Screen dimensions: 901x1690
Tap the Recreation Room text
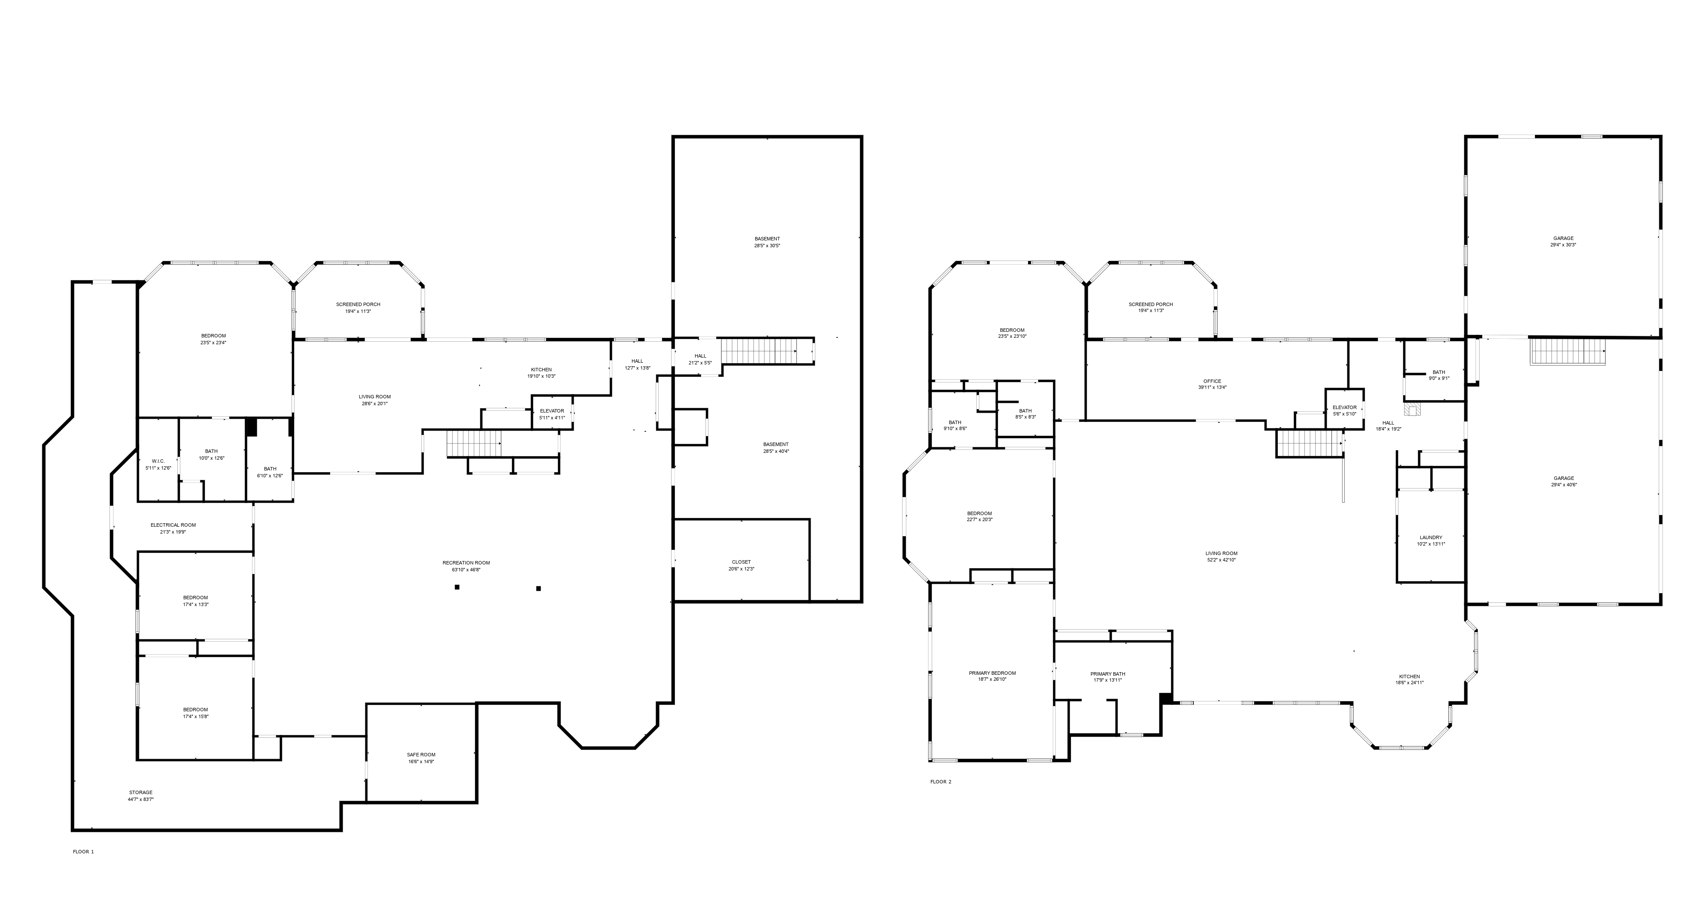coord(466,566)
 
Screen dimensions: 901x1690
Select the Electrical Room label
coord(173,528)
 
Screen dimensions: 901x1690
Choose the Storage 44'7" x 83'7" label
coord(140,795)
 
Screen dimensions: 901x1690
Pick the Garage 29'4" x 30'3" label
coord(1563,241)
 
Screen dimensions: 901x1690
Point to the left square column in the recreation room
coord(457,587)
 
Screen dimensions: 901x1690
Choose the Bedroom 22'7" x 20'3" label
coord(979,516)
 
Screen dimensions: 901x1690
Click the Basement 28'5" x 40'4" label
coord(775,447)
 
